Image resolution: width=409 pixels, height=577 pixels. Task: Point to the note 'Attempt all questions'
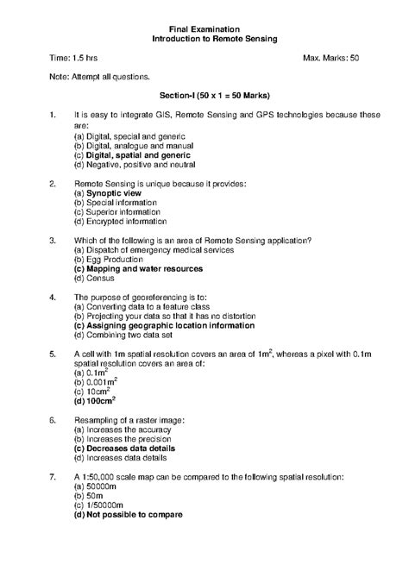click(x=93, y=77)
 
